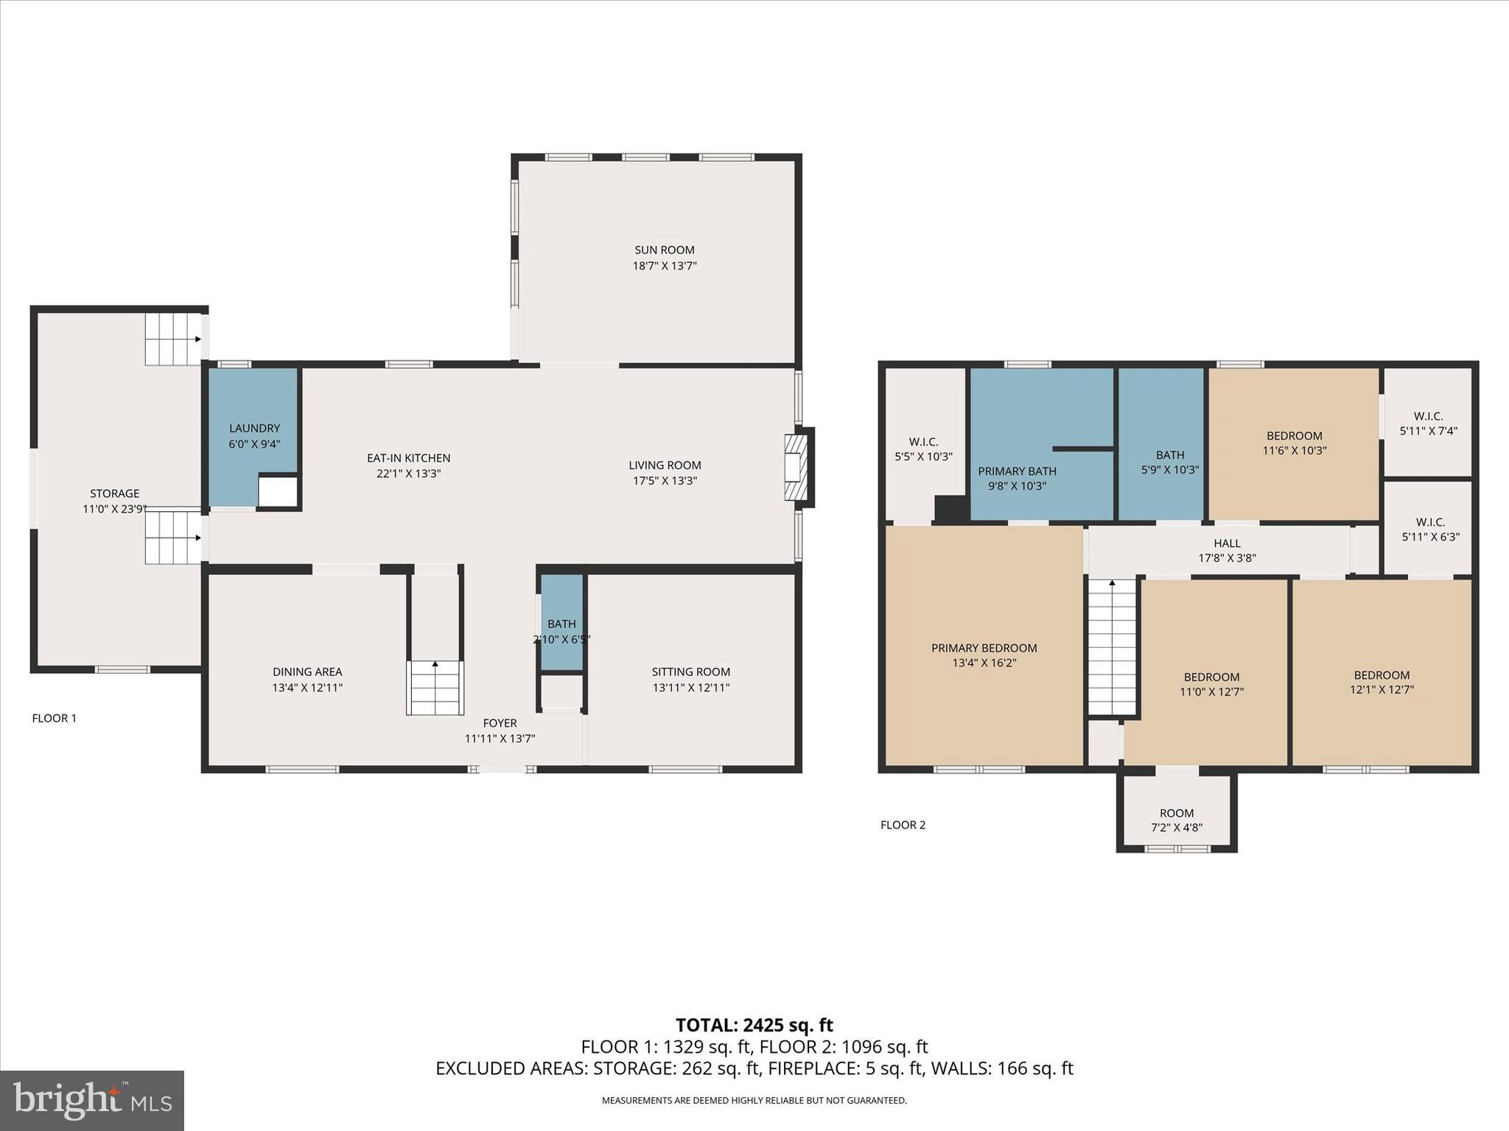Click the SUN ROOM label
(664, 250)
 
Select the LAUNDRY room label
(254, 429)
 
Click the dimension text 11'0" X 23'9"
(114, 509)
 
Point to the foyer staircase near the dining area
(435, 688)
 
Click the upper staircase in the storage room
(173, 339)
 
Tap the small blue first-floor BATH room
(562, 623)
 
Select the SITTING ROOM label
(690, 672)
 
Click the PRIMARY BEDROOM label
(984, 648)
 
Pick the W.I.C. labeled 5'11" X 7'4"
(1428, 423)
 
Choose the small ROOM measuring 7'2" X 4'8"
(1176, 820)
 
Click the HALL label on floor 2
(1227, 543)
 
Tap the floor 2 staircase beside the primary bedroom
(1113, 646)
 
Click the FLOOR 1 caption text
(54, 718)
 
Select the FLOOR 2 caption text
(903, 825)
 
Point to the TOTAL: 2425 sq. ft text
(754, 1025)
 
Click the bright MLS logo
(92, 1100)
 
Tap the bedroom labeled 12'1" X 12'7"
(1381, 682)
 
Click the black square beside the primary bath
(950, 510)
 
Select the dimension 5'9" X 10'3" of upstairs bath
(1169, 470)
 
